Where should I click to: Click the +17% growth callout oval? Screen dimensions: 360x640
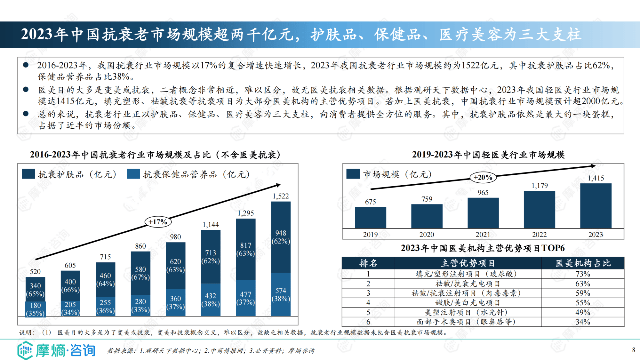[x=158, y=221]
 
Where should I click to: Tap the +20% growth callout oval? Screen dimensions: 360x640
[x=483, y=177]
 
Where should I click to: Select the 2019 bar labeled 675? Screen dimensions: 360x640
[x=370, y=217]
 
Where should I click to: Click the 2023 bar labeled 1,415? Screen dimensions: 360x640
[x=596, y=205]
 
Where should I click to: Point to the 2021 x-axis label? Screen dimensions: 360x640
[x=483, y=235]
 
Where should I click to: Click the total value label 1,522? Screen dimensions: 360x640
[x=281, y=196]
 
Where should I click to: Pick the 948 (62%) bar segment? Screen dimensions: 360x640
[x=281, y=237]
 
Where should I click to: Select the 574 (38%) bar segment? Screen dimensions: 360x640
[x=281, y=294]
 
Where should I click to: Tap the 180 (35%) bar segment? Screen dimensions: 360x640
[x=35, y=309]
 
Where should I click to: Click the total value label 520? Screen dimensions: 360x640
[x=35, y=272]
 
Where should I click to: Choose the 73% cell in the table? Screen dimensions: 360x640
[x=583, y=274]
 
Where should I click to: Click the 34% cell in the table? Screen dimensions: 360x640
[x=583, y=322]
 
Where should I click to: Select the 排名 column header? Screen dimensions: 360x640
[x=368, y=263]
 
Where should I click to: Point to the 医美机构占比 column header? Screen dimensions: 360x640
[x=583, y=263]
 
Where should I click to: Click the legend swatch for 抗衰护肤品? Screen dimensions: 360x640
[x=28, y=174]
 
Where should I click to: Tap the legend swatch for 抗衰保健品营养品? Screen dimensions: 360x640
[x=133, y=174]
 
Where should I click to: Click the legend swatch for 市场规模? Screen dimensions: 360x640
[x=353, y=174]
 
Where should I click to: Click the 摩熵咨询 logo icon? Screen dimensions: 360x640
[x=25, y=350]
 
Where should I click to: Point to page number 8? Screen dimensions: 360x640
[x=634, y=350]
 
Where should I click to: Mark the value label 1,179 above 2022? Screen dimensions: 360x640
[x=540, y=186]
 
